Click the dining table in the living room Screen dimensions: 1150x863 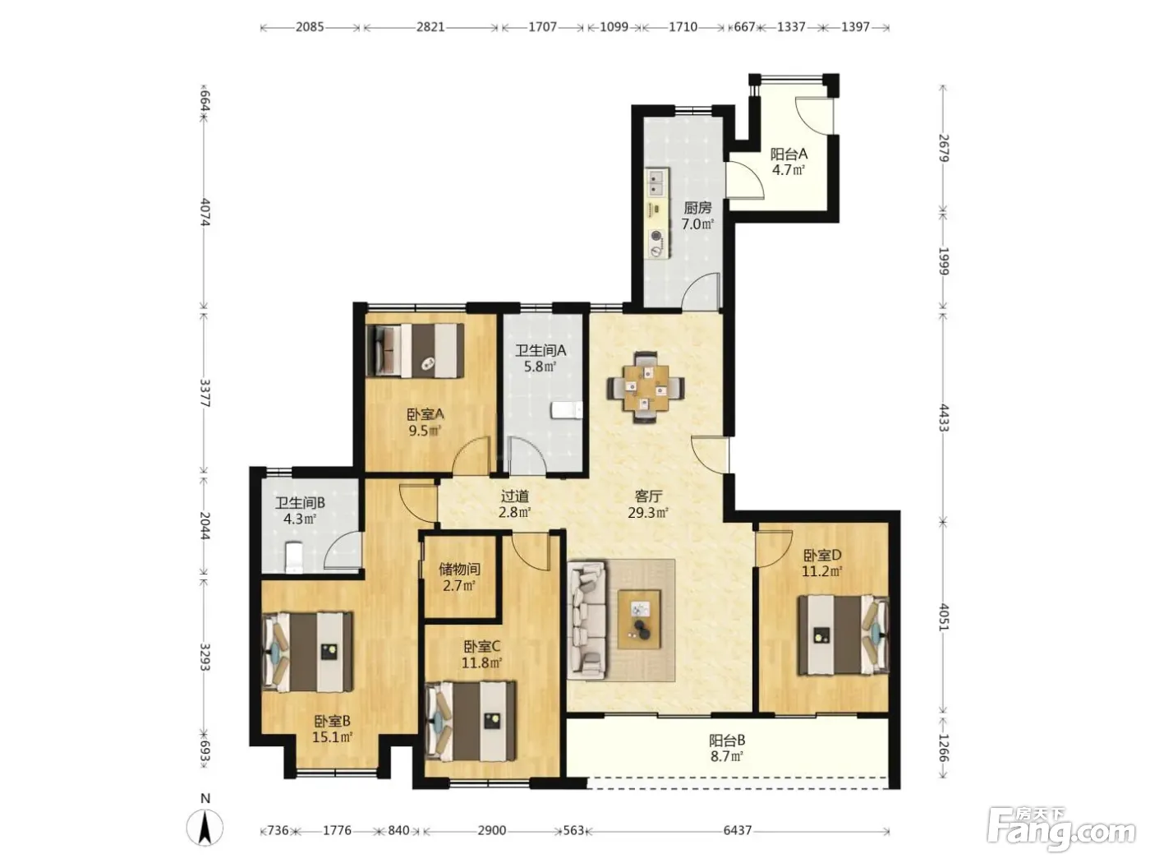[x=646, y=388]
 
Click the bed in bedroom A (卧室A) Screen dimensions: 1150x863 [x=416, y=349]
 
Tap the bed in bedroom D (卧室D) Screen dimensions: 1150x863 [x=843, y=635]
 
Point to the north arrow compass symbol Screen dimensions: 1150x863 [x=205, y=828]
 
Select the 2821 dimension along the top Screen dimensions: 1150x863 [x=430, y=27]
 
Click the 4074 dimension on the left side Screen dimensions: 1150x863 [x=205, y=212]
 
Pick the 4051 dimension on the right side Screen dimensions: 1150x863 [x=943, y=616]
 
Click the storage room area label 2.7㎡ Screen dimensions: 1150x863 [x=459, y=585]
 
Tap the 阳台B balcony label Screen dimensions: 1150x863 [x=727, y=741]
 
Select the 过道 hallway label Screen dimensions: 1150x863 [x=514, y=496]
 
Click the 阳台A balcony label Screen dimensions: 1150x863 [x=789, y=154]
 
